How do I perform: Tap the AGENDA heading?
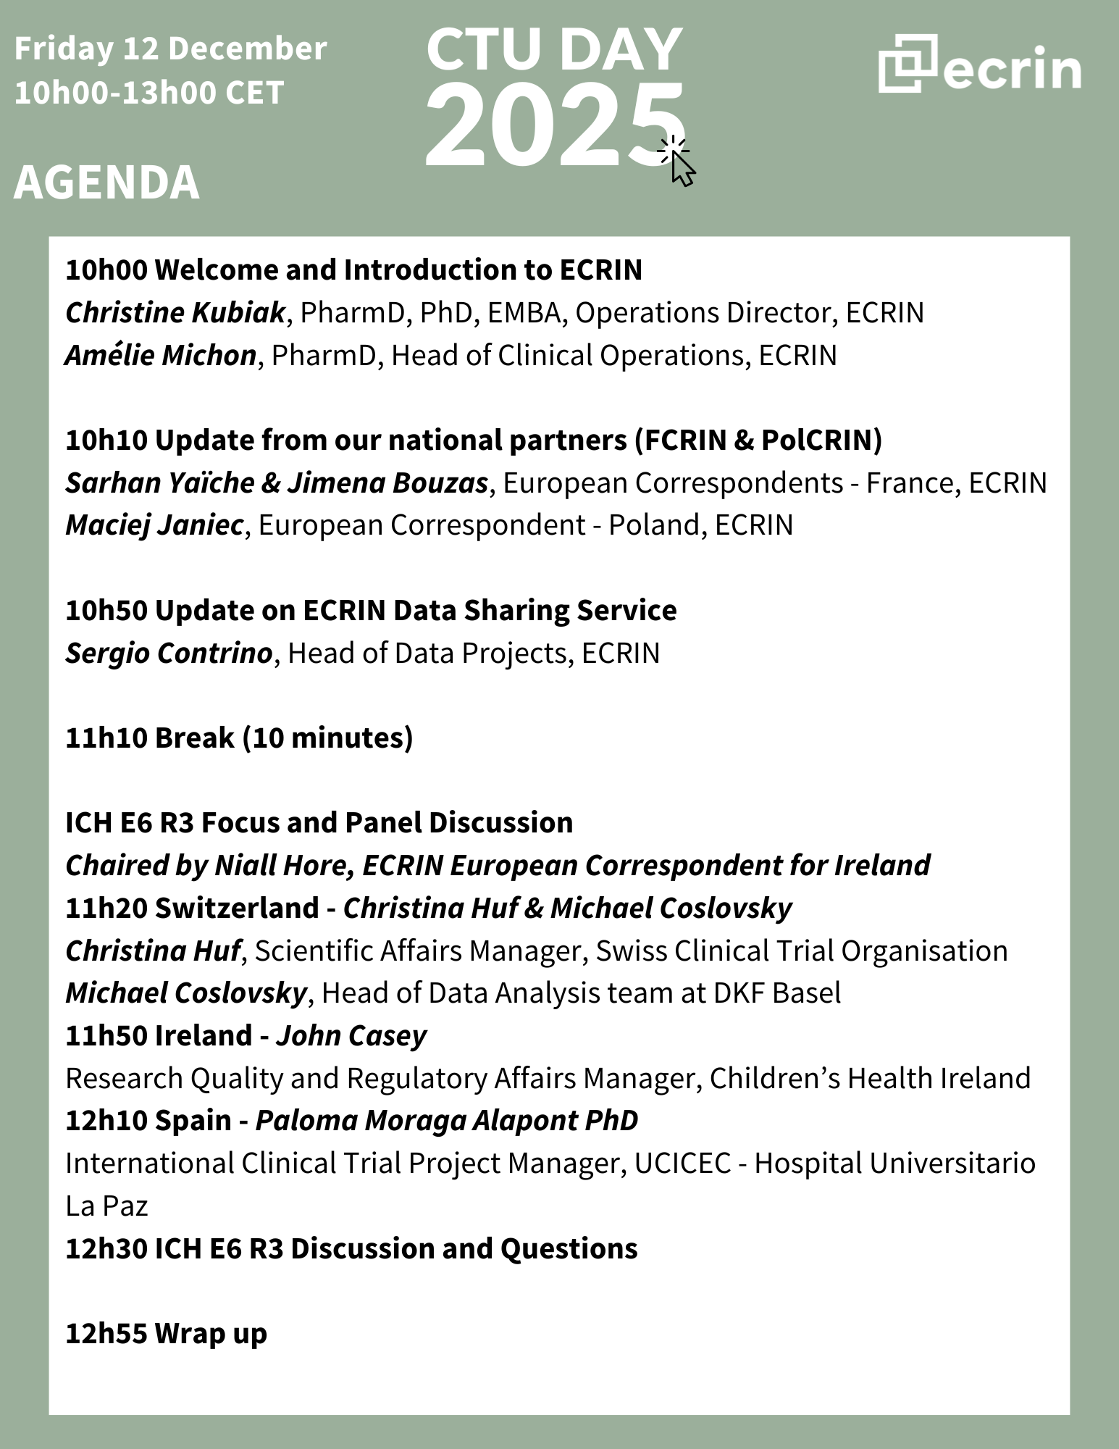click(106, 182)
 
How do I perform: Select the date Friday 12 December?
click(170, 49)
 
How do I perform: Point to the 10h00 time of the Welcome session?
click(106, 270)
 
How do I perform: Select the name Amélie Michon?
click(161, 355)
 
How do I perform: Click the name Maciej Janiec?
click(154, 525)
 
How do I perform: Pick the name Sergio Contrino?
click(169, 653)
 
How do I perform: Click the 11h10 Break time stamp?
click(106, 738)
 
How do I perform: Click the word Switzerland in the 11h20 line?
click(237, 908)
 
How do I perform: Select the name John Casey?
click(351, 1035)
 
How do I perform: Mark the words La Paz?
click(106, 1206)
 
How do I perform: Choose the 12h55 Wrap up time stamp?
click(106, 1333)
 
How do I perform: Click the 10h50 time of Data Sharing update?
click(106, 610)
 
